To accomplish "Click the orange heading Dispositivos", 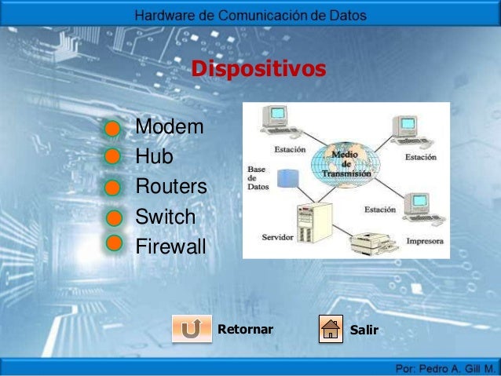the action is (258, 70).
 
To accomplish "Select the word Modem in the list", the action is (170, 127).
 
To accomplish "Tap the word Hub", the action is (154, 157).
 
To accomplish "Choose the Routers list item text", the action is (171, 187).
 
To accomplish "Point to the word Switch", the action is (166, 217).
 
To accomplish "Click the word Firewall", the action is (170, 247).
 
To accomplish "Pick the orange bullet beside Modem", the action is (114, 127).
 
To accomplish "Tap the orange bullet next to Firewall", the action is (114, 243).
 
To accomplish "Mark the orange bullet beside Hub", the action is (114, 155).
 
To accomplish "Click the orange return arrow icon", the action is (191, 329).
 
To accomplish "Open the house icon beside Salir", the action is (331, 329).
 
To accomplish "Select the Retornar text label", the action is (245, 328).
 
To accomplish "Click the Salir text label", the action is (364, 329).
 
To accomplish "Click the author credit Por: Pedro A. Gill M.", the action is (444, 367).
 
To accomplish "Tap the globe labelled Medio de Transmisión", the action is (345, 163).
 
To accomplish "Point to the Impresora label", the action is (425, 242).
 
